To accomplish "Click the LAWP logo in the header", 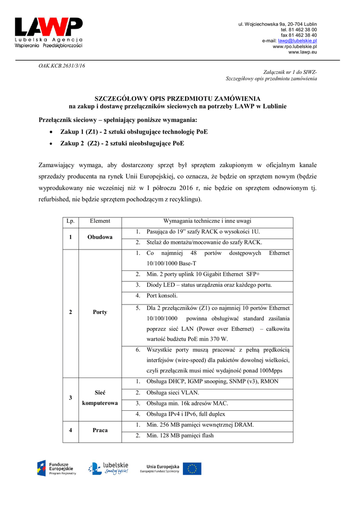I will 49,33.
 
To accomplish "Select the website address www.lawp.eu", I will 302,52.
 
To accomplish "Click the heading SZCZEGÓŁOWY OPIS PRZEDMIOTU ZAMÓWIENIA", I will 177,98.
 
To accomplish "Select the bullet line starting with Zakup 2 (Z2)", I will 122,143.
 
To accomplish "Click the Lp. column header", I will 70,221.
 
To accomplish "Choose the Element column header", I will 100,221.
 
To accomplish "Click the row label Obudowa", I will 100,237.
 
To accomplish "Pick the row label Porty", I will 100,312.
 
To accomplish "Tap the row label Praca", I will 100,430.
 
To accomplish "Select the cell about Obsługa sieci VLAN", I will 173,392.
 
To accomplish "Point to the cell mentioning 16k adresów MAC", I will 183,403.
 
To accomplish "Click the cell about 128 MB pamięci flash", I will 180,436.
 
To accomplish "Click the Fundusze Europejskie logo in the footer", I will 57,468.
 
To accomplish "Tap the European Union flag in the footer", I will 192,468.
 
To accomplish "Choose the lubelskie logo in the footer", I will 109,468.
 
